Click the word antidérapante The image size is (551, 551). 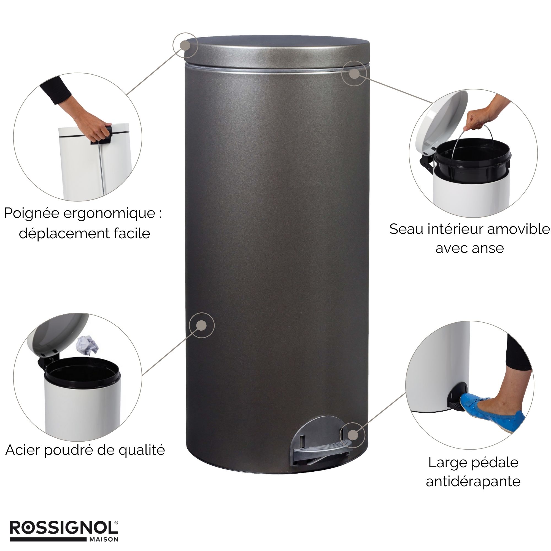tap(473, 482)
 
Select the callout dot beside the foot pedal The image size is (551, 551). tap(353, 435)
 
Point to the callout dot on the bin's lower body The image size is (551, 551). tap(202, 325)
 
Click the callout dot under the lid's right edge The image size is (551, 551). tap(354, 74)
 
